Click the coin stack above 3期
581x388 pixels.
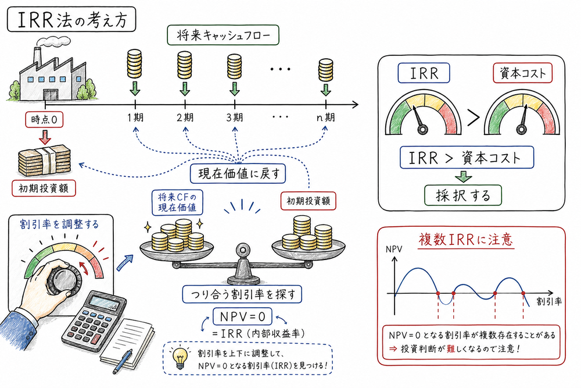point(235,65)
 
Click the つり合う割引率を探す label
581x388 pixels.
point(242,294)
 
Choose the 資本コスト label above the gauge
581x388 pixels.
point(521,73)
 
